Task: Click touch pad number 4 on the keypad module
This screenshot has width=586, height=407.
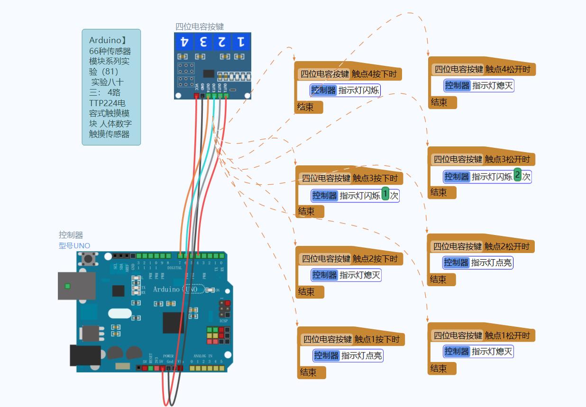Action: (x=184, y=42)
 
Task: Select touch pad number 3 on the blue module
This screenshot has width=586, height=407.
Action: (x=203, y=42)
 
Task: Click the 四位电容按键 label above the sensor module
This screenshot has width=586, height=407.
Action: (x=200, y=27)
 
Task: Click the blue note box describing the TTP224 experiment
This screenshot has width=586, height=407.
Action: (x=111, y=87)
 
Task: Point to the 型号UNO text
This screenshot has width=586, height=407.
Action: (x=74, y=245)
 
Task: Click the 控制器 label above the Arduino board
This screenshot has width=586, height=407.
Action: (x=71, y=235)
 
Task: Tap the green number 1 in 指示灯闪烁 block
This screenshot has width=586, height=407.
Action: (x=385, y=194)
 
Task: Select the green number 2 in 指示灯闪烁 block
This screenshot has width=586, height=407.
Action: (x=517, y=175)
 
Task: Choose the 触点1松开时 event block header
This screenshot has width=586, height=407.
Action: (x=481, y=335)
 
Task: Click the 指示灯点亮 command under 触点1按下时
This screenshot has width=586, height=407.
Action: (x=348, y=355)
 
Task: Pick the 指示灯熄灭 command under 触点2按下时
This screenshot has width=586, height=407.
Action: (x=347, y=275)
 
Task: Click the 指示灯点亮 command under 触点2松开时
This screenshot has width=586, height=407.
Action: (x=478, y=262)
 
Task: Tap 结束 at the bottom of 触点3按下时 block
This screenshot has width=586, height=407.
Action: (x=307, y=211)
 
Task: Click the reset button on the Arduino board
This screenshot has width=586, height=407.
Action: (x=87, y=259)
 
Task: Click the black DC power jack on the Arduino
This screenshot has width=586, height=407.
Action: (x=85, y=355)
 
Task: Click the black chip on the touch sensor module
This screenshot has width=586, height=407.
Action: (x=209, y=73)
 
